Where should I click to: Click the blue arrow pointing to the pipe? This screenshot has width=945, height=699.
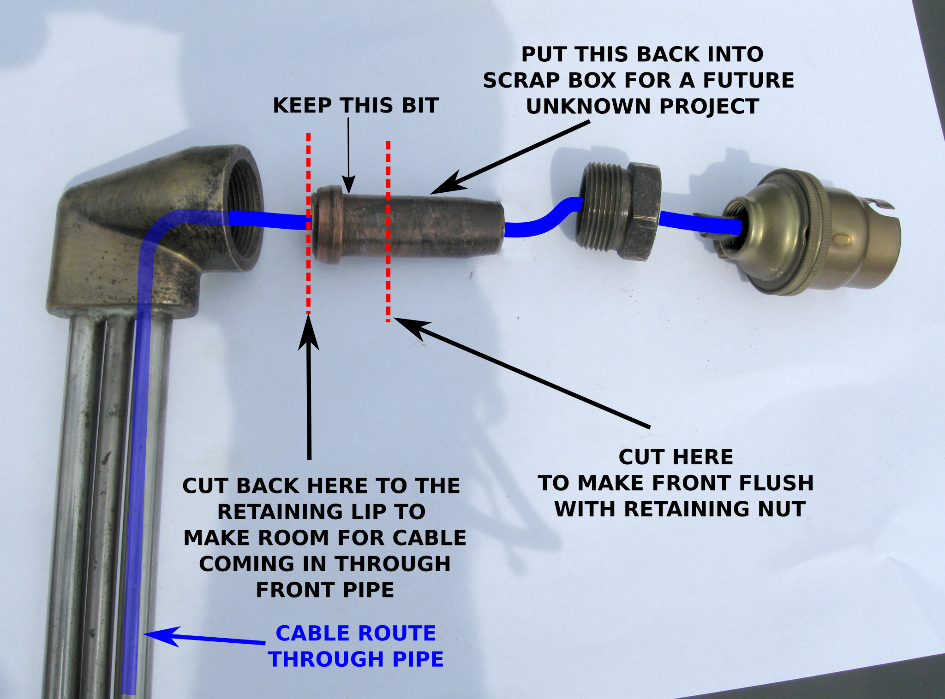203,638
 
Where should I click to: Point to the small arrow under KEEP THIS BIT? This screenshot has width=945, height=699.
348,152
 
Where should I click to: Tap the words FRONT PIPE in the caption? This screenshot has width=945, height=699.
325,590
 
